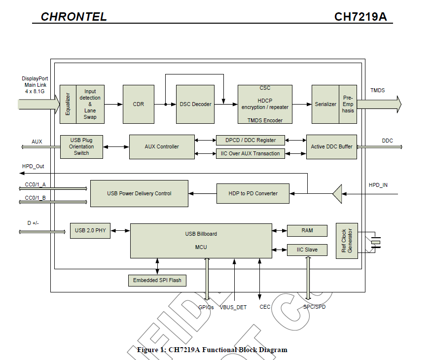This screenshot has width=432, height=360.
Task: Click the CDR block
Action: (139, 104)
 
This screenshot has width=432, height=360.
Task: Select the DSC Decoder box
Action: (195, 104)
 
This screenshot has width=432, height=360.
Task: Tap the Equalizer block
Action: (68, 104)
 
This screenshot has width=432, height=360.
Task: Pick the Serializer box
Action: (325, 104)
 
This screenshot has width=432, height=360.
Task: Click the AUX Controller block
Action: (162, 146)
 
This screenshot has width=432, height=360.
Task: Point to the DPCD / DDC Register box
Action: (251, 140)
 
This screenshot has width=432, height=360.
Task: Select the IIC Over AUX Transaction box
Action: (251, 153)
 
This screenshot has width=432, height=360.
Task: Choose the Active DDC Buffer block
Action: (331, 146)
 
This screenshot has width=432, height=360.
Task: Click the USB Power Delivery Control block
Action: (139, 193)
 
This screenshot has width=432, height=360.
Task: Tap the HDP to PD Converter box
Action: (253, 193)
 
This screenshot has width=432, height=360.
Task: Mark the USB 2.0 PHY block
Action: (90, 230)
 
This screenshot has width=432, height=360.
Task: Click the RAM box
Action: (307, 230)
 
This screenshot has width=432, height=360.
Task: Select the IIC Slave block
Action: (307, 250)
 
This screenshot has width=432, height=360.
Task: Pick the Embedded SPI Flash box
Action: (157, 280)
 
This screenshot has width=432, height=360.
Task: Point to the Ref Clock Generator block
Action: (347, 241)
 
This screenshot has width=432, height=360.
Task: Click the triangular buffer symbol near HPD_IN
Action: (338, 193)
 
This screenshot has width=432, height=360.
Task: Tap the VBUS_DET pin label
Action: (233, 307)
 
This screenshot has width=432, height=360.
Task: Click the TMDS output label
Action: (378, 90)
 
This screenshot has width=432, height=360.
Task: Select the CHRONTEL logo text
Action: (73, 17)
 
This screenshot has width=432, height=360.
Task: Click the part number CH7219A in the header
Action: (360, 17)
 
